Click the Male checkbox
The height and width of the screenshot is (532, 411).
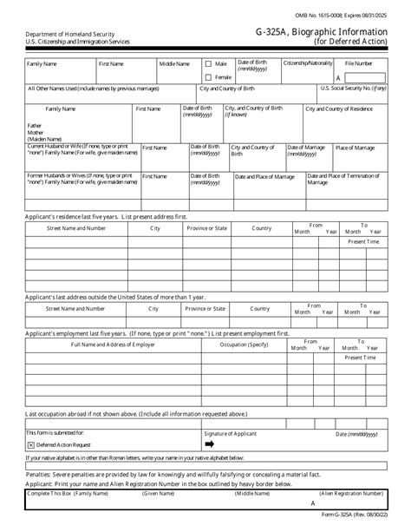208,63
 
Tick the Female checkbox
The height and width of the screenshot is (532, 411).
208,76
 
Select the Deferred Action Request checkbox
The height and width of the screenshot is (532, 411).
31,443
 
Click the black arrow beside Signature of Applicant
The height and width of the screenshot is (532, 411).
209,443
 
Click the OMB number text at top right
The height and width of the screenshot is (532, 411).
357,7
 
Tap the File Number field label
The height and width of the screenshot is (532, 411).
359,63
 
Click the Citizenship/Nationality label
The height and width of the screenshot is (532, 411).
307,63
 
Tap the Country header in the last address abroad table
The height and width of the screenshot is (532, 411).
260,308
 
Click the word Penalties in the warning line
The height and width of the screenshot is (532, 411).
40,476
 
